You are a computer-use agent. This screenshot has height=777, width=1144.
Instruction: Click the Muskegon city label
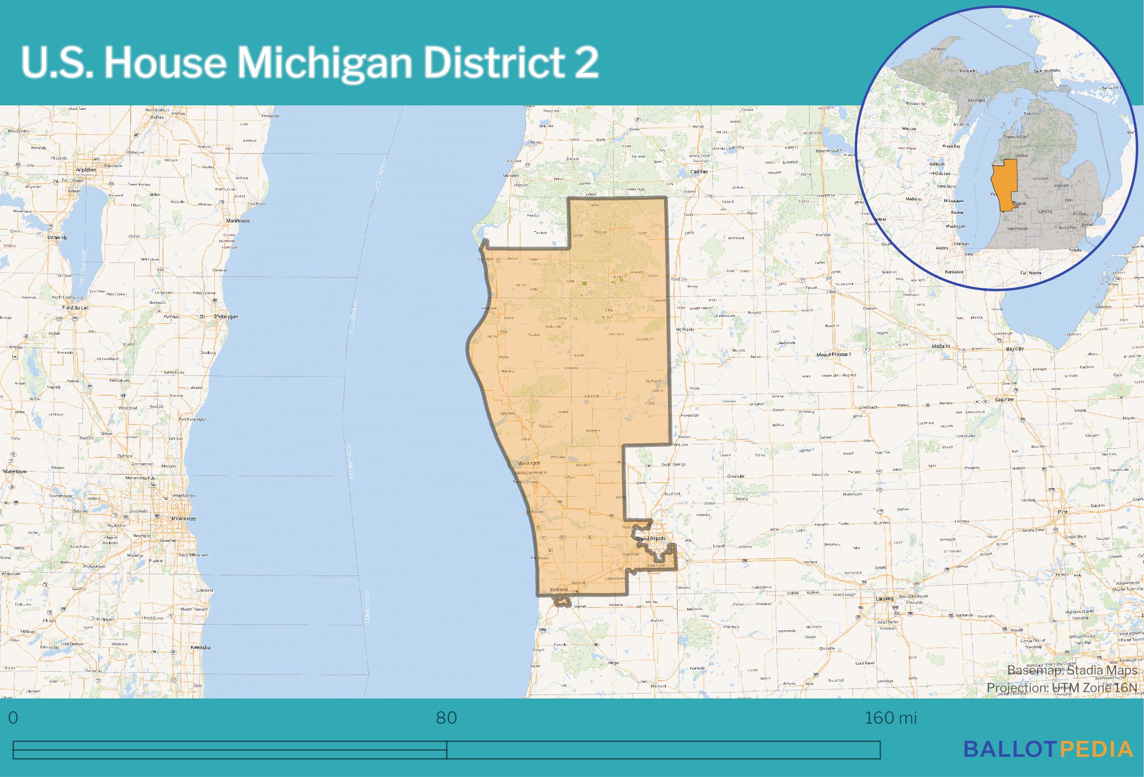coord(529,463)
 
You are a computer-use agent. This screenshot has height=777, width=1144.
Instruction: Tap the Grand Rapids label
coord(651,538)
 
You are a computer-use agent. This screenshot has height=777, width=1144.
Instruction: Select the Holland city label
coord(559,590)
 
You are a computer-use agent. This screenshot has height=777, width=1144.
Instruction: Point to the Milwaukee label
coord(183,518)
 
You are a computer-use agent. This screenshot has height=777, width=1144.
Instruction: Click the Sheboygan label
coord(226,316)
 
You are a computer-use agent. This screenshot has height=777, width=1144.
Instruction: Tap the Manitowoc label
coord(238,220)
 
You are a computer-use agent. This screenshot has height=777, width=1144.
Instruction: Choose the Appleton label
coord(85,170)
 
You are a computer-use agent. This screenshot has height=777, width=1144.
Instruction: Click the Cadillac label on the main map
coord(699,172)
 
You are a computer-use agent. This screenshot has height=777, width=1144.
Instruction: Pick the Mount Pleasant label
coord(834,354)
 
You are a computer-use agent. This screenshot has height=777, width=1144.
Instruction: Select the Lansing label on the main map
coord(884,599)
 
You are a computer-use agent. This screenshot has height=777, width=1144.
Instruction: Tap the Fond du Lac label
coord(76,308)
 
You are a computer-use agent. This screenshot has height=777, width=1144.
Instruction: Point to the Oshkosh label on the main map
coord(57,237)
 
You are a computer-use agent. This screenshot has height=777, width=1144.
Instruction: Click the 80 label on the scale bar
coord(446,718)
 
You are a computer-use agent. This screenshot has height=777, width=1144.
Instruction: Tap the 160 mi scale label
coord(891,718)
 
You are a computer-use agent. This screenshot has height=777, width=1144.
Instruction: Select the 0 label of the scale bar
coord(13,718)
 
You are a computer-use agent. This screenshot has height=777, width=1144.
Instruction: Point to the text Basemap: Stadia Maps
coord(1072,671)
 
